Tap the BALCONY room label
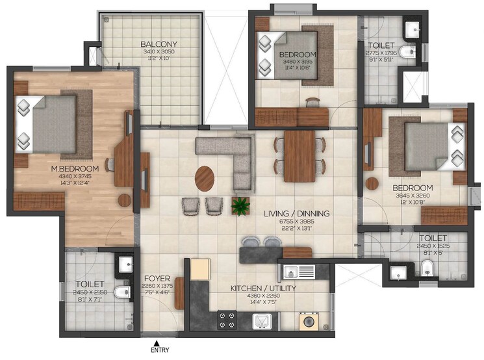159,45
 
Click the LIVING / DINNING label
296,214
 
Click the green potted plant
241,206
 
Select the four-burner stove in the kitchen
226,320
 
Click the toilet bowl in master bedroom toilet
121,293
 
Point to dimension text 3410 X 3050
159,51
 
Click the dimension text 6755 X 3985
296,222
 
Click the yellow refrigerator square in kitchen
199,267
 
